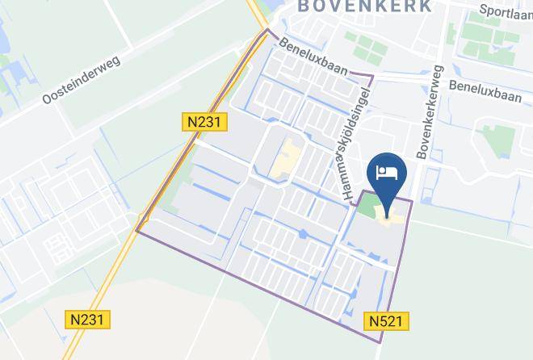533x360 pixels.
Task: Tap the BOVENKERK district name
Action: point(367,6)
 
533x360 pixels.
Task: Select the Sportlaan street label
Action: point(506,10)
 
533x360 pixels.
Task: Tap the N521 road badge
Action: point(386,321)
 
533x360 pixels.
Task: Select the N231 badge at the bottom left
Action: point(87,320)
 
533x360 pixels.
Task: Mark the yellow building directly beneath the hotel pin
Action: point(390,215)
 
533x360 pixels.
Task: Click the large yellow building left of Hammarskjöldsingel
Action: point(284,158)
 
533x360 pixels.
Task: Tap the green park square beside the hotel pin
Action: point(368,206)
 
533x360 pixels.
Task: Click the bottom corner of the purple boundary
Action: point(380,341)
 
